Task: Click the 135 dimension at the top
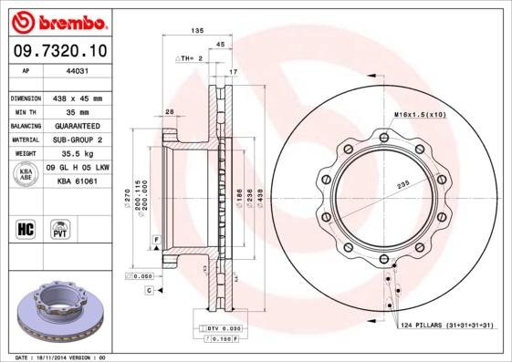click(x=196, y=31)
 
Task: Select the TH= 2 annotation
click(x=189, y=57)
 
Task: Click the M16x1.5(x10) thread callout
click(x=419, y=114)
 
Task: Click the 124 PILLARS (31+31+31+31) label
click(x=448, y=326)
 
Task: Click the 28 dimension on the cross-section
click(x=170, y=111)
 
